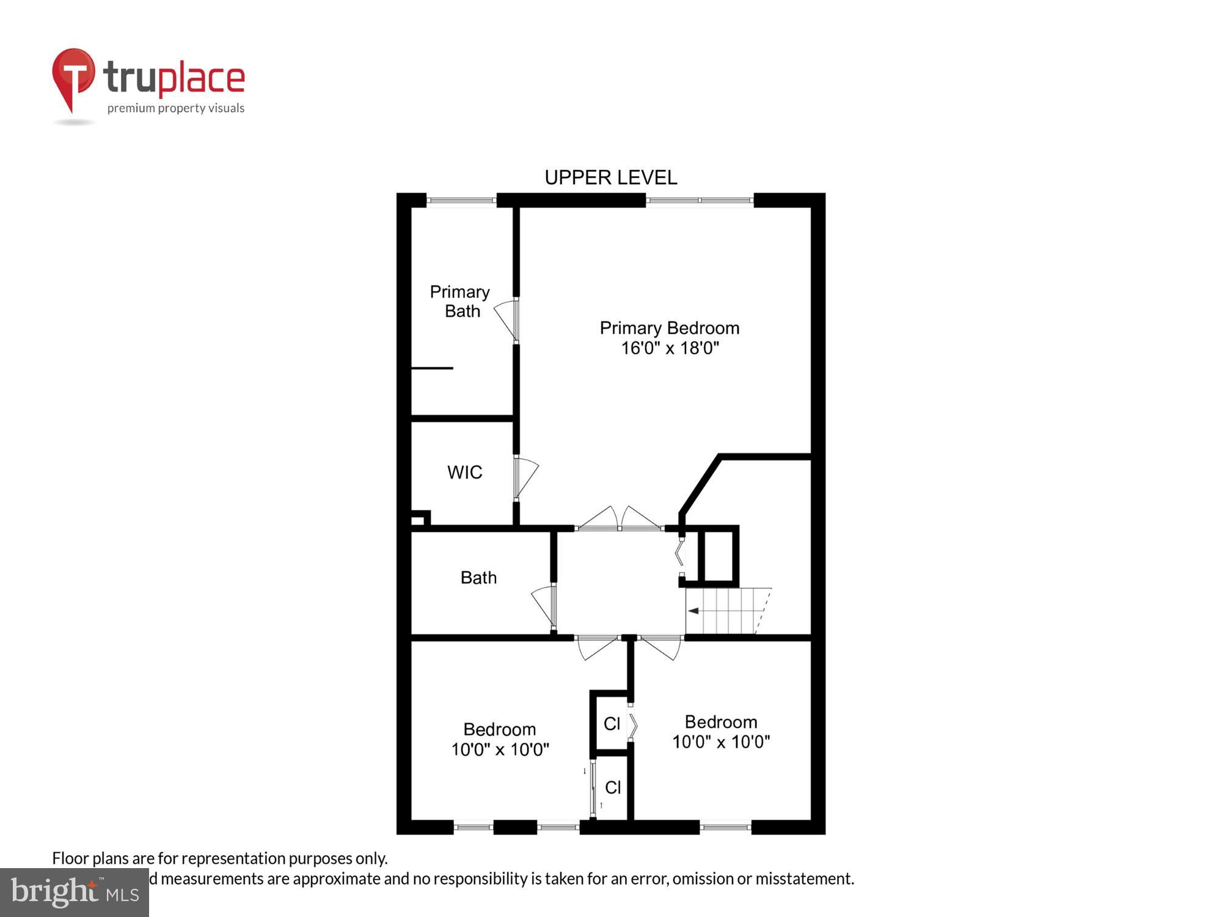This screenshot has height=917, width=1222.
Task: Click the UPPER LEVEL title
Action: pyautogui.click(x=610, y=178)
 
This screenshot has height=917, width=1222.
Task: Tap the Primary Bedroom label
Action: pyautogui.click(x=669, y=328)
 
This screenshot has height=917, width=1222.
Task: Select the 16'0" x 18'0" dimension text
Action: pyautogui.click(x=670, y=348)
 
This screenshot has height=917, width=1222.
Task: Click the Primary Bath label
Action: pyautogui.click(x=460, y=301)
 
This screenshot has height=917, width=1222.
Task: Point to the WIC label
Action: pyautogui.click(x=464, y=473)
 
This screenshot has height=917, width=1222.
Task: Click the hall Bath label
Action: pyautogui.click(x=478, y=578)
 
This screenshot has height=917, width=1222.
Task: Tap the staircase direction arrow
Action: pyautogui.click(x=693, y=611)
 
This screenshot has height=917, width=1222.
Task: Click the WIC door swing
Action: pyautogui.click(x=525, y=477)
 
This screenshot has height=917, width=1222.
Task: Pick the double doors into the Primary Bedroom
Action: pyautogui.click(x=619, y=520)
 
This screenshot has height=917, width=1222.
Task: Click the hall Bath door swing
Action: pyautogui.click(x=544, y=605)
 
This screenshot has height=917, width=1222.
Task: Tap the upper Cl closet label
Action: pyautogui.click(x=612, y=724)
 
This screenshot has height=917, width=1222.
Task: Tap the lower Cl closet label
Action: pyautogui.click(x=613, y=788)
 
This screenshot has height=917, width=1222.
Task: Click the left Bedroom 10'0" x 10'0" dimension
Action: pyautogui.click(x=500, y=749)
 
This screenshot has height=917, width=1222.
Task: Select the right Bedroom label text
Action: pyautogui.click(x=721, y=722)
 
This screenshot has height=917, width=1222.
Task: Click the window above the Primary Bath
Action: pyautogui.click(x=461, y=200)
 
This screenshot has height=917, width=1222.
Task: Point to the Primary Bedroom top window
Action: pyautogui.click(x=700, y=200)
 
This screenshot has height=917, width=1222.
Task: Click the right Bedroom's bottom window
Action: pyautogui.click(x=725, y=827)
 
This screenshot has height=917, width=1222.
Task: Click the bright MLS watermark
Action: pyautogui.click(x=75, y=893)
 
